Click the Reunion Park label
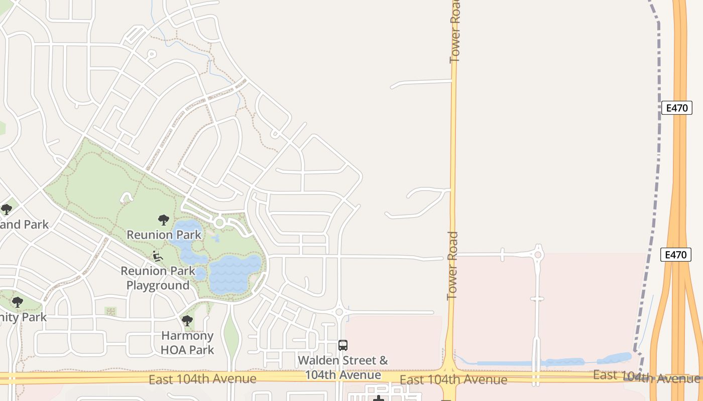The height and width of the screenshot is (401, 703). [x=164, y=235]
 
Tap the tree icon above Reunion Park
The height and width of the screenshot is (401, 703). [x=163, y=220]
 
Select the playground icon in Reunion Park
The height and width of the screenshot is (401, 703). [x=158, y=256]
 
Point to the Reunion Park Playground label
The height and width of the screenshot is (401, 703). [x=158, y=278]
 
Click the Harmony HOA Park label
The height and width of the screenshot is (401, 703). [x=187, y=343]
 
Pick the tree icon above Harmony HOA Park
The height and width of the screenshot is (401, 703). [x=187, y=321]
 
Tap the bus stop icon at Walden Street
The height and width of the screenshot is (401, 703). [x=343, y=345]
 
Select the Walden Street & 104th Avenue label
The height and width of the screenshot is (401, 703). [x=343, y=367]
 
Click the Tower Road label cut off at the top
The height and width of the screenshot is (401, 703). [x=455, y=31]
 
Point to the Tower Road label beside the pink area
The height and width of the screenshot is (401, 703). [x=452, y=266]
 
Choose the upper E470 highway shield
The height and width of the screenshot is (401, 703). [x=676, y=108]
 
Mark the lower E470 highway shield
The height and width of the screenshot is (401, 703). [x=675, y=255]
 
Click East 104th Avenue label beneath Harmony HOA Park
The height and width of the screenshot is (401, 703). [x=202, y=378]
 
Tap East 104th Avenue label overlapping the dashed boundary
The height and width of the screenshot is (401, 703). [x=647, y=376]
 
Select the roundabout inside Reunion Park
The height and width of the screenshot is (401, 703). [x=219, y=222]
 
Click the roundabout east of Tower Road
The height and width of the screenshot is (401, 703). [x=538, y=255]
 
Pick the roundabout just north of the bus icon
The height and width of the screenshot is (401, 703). [x=339, y=312]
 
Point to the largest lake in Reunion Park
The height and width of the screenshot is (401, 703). [x=235, y=273]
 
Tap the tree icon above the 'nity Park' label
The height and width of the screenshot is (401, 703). [x=18, y=302]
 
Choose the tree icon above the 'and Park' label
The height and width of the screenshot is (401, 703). [x=6, y=209]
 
